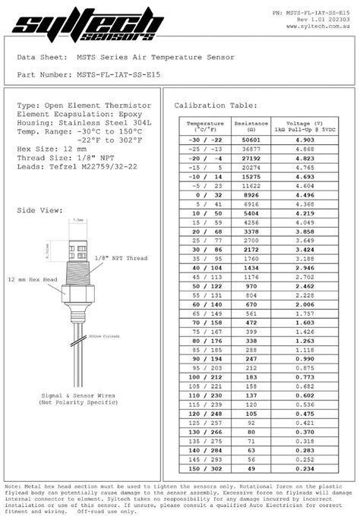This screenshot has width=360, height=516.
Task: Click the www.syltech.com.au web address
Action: coord(318,27)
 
